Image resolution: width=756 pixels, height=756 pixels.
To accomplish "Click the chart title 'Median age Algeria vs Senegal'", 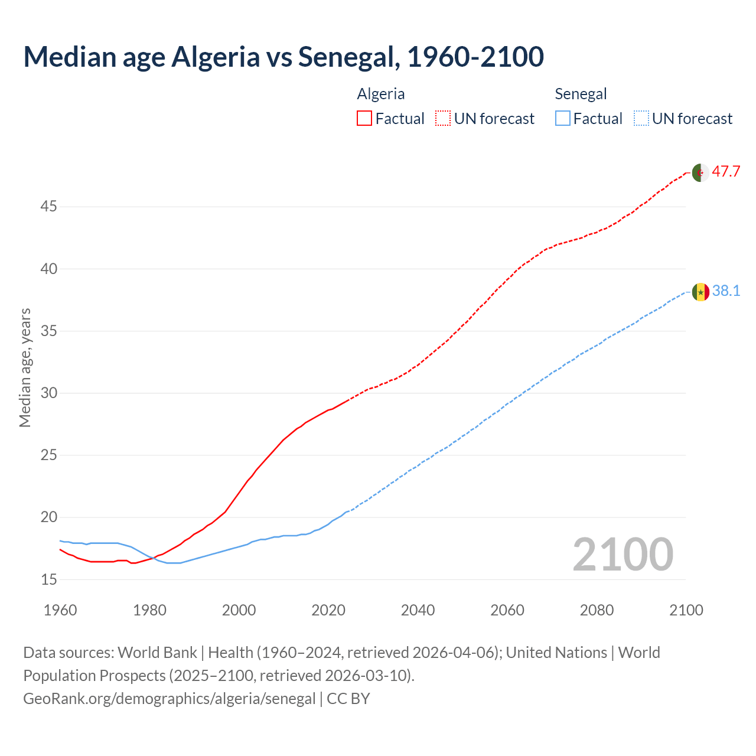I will (x=283, y=57).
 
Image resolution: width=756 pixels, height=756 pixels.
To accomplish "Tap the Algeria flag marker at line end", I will (x=700, y=173).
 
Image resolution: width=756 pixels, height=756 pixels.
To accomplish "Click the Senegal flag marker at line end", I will (x=700, y=292).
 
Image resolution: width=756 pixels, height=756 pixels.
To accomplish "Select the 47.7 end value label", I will (x=726, y=172).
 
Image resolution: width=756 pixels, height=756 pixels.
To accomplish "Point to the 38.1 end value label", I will (x=726, y=291).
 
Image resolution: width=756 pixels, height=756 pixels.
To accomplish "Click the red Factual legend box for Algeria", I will (x=364, y=119).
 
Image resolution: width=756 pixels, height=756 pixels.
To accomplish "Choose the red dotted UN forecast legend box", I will (x=443, y=119).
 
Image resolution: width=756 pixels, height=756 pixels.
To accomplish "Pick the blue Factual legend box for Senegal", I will (x=563, y=119).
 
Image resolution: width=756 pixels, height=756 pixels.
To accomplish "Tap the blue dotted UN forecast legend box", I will (x=641, y=119).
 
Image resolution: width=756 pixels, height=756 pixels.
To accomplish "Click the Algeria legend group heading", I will (x=381, y=94).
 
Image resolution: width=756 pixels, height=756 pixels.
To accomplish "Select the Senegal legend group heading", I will (x=581, y=94).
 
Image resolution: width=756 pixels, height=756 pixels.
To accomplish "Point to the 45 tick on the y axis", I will (x=48, y=207).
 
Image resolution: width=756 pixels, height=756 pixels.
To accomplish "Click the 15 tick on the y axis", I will (x=48, y=579).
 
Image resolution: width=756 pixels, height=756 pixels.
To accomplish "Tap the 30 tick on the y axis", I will (x=48, y=393).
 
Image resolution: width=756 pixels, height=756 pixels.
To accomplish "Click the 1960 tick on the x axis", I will (x=60, y=610).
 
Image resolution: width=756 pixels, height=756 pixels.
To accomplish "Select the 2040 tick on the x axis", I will (x=418, y=610).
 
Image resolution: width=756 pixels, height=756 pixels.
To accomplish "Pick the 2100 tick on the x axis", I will (x=686, y=610).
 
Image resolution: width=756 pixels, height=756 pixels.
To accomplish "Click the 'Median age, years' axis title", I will (x=25, y=367).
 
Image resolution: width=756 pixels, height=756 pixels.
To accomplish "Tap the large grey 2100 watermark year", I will (x=623, y=555).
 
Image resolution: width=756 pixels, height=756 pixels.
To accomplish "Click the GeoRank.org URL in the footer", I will (x=170, y=699).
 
